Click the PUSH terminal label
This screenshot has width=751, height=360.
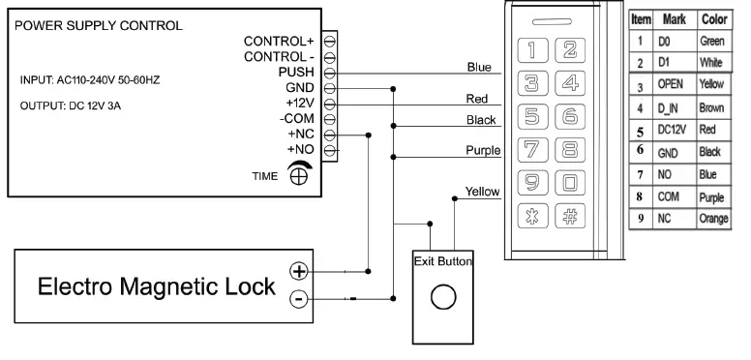pos(296,73)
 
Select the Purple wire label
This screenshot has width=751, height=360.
pos(481,150)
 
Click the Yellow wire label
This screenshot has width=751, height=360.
pos(482,192)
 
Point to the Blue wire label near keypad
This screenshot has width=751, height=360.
pos(480,67)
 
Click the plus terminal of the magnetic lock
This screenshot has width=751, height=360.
pos(300,271)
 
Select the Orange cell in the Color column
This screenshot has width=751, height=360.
pos(713,220)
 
